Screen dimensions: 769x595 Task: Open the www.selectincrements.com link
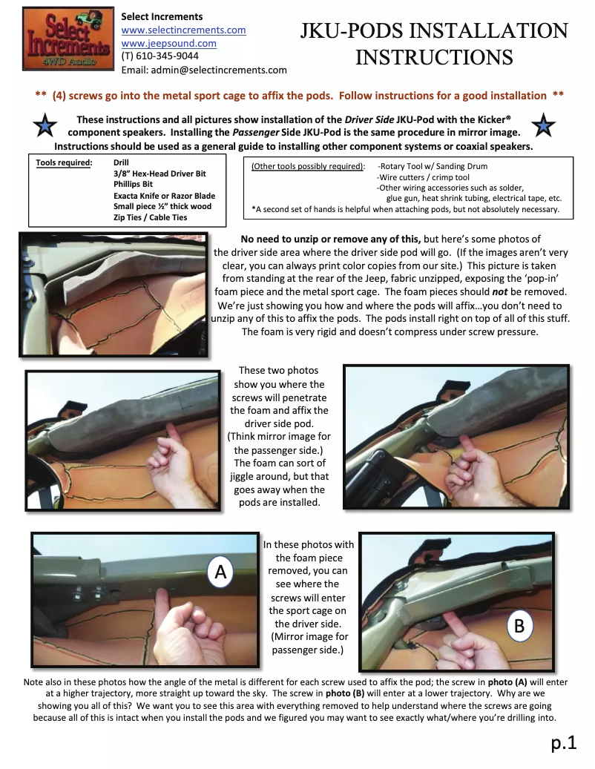(183, 30)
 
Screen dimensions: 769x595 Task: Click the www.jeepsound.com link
(168, 44)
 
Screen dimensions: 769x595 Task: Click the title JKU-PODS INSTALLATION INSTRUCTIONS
(434, 44)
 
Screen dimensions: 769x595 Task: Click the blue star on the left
(46, 126)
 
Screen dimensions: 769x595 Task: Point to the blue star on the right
(544, 126)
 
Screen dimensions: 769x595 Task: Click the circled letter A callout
(220, 572)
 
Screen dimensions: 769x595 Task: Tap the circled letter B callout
(519, 626)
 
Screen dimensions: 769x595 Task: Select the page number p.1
(563, 742)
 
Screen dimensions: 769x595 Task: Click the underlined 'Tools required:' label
(64, 163)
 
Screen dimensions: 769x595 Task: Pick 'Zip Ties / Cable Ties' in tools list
(151, 217)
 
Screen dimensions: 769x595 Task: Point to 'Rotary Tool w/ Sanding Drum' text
(433, 166)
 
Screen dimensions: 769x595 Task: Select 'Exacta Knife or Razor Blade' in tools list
(164, 196)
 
